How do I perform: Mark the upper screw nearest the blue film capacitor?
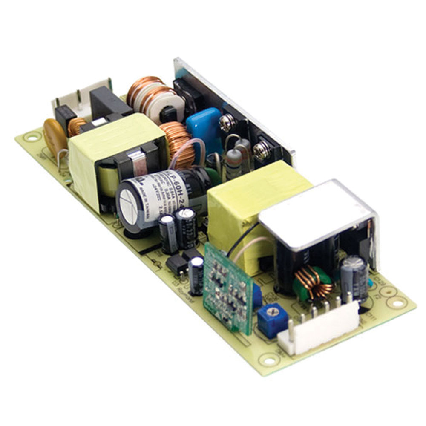(225, 124)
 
